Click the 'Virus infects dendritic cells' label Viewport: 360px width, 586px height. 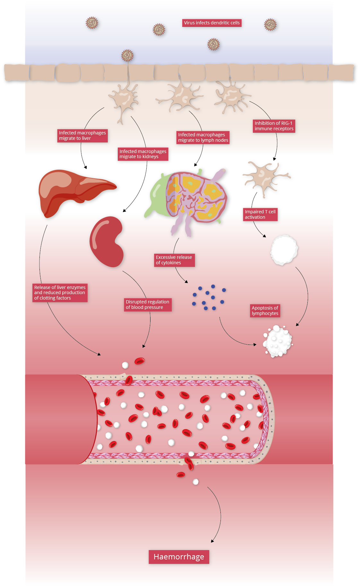tap(212, 23)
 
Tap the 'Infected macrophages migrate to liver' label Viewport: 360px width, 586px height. tap(82, 135)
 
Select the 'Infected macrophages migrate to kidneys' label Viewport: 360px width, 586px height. tap(143, 154)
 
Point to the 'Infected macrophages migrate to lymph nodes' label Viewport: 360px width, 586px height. tap(203, 138)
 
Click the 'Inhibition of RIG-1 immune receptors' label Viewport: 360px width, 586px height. tap(274, 126)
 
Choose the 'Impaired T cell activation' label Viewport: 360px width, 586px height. tap(260, 215)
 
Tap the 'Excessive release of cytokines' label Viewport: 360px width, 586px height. tap(174, 260)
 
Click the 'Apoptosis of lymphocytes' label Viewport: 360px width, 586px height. tap(265, 311)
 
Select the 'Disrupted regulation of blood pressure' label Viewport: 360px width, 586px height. tap(148, 305)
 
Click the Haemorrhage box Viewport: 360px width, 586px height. tap(179, 557)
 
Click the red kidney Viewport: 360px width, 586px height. tap(107, 242)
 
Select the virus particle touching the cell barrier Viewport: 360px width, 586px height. tap(127, 56)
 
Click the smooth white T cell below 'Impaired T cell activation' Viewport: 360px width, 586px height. tap(284, 250)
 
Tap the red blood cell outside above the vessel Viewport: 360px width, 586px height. tap(140, 361)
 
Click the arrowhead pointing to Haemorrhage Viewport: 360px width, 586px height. tap(212, 541)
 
